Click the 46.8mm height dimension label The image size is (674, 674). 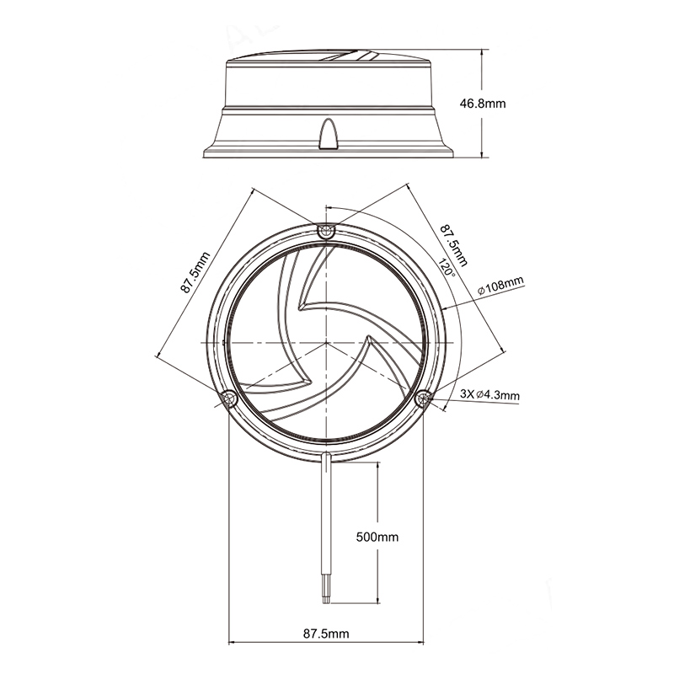[483, 104]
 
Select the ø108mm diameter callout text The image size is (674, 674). [501, 286]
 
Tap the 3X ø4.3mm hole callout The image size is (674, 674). [489, 394]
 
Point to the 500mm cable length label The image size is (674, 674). [377, 537]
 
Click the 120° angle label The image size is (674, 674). [447, 267]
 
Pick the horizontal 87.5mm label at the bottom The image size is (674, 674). [326, 634]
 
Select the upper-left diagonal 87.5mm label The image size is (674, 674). [195, 272]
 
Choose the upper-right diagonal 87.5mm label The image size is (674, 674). [453, 244]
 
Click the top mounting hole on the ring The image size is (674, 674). [326, 231]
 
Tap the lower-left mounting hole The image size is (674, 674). [228, 399]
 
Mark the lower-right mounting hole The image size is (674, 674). [424, 399]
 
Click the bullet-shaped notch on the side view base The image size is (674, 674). [329, 134]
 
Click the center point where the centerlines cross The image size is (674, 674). [326, 343]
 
